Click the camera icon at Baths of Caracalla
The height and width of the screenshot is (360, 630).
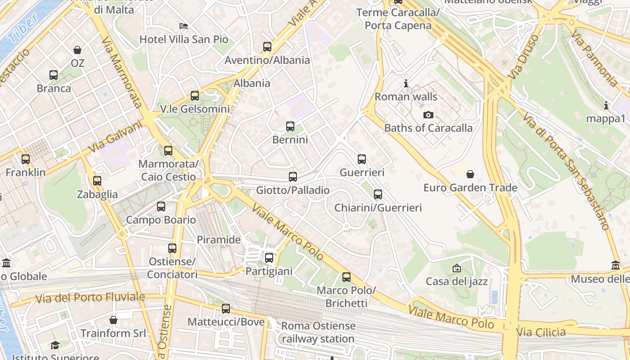tap(428, 115)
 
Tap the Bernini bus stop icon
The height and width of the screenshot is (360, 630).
tap(290, 126)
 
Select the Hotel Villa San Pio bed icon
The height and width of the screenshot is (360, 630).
tap(183, 26)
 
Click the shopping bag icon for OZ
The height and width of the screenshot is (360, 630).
tap(77, 49)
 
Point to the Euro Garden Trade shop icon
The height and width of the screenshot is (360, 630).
tap(470, 174)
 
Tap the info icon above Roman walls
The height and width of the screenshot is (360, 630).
tap(406, 83)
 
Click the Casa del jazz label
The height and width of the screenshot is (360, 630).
tap(457, 282)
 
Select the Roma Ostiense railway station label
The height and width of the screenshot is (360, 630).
tap(318, 332)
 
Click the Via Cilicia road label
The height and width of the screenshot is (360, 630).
tap(541, 333)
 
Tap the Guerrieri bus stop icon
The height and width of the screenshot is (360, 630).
tap(362, 159)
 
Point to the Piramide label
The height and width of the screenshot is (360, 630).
tap(219, 240)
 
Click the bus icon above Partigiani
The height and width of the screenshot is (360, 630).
tap(269, 258)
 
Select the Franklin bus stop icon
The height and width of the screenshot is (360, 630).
tap(26, 159)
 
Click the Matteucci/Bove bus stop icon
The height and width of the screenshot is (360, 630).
tap(226, 309)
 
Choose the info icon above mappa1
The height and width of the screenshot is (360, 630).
tap(606, 105)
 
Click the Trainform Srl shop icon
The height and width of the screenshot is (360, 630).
tap(113, 320)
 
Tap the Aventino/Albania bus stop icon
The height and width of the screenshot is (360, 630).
tap(267, 46)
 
